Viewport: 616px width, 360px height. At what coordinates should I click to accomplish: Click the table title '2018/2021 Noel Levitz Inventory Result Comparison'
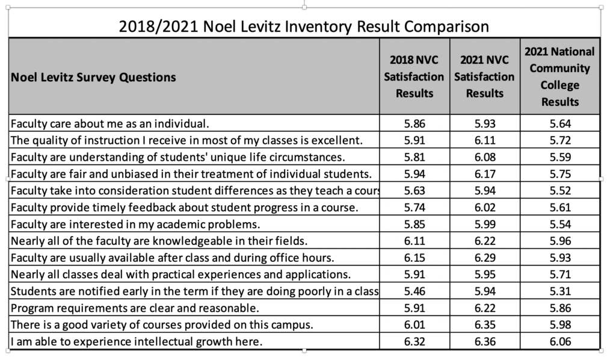tap(304, 26)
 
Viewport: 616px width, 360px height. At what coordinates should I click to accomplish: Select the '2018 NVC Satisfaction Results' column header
tap(414, 76)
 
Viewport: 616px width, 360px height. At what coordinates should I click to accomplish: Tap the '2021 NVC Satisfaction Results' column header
tap(484, 76)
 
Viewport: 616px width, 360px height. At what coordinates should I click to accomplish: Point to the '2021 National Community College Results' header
tap(560, 76)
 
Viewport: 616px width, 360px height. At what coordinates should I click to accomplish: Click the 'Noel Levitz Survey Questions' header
tap(93, 77)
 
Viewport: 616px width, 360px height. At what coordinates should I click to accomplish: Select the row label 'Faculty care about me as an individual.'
tap(110, 124)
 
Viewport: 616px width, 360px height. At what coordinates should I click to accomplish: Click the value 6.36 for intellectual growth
tap(485, 341)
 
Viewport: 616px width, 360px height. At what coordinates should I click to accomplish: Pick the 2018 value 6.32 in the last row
tap(414, 341)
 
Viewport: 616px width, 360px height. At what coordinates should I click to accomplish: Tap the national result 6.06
tap(560, 341)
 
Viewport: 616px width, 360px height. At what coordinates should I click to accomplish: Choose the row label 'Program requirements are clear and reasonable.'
tap(135, 308)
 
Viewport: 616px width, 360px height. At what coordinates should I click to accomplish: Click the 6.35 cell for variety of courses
tap(485, 324)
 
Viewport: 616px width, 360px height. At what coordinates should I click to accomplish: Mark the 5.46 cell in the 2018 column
tap(414, 291)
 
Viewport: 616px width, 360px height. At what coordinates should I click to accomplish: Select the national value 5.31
tap(560, 291)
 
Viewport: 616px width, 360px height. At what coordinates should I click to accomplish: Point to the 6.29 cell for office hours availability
tap(485, 258)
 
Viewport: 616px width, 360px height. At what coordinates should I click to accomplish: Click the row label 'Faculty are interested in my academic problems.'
tap(135, 225)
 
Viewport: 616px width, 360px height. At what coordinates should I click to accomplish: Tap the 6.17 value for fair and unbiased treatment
tap(485, 174)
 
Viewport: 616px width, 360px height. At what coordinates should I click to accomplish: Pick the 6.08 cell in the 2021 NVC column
tap(485, 157)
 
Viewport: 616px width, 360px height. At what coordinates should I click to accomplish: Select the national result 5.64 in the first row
tap(560, 124)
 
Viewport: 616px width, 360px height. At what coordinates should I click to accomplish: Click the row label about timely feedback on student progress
tap(184, 208)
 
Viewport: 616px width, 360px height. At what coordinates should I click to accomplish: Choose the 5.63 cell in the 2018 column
tap(414, 191)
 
